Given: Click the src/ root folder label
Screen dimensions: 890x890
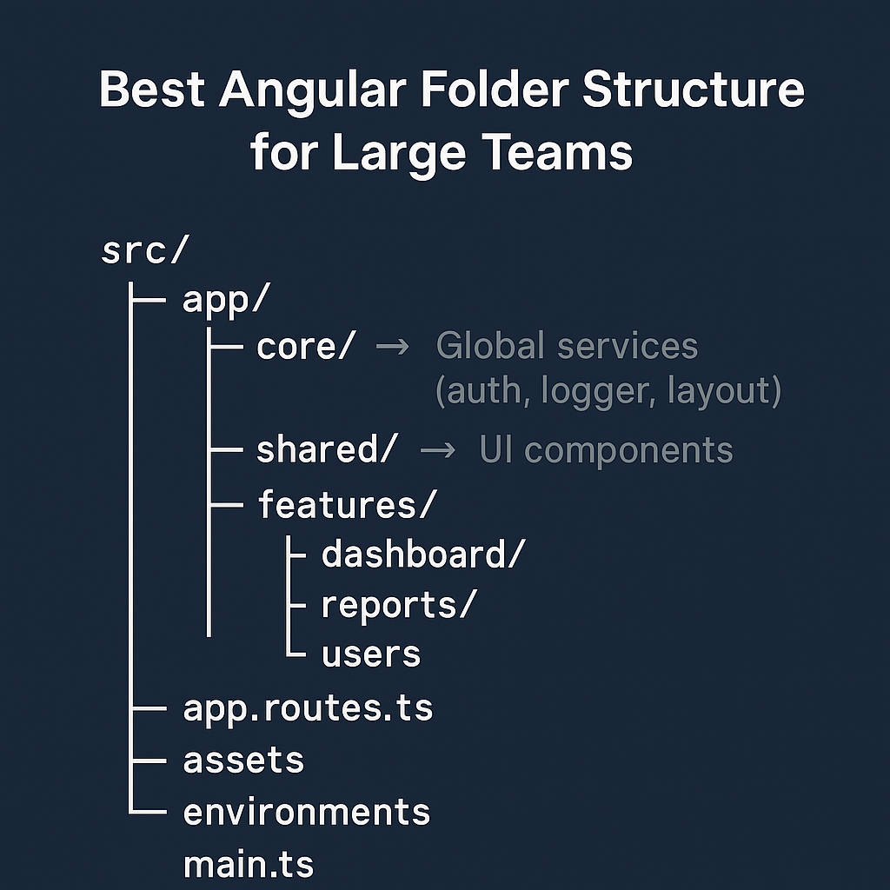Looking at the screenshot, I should point(144,250).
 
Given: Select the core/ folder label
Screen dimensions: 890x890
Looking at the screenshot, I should point(306,347).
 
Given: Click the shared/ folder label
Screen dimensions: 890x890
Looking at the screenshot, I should point(327,450).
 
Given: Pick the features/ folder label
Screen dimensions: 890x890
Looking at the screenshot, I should point(345,504).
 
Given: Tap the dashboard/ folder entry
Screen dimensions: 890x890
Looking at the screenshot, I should point(423,554).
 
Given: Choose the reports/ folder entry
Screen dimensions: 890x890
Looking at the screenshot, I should point(399,605).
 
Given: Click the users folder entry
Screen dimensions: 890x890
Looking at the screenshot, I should point(371,654).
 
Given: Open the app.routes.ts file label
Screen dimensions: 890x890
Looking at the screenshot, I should point(308,709).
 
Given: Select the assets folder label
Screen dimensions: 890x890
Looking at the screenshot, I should point(243,760).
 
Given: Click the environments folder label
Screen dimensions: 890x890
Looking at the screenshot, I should point(307,812).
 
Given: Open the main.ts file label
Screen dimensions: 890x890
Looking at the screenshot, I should point(248,866).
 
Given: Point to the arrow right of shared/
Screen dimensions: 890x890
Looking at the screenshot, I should point(437,450).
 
